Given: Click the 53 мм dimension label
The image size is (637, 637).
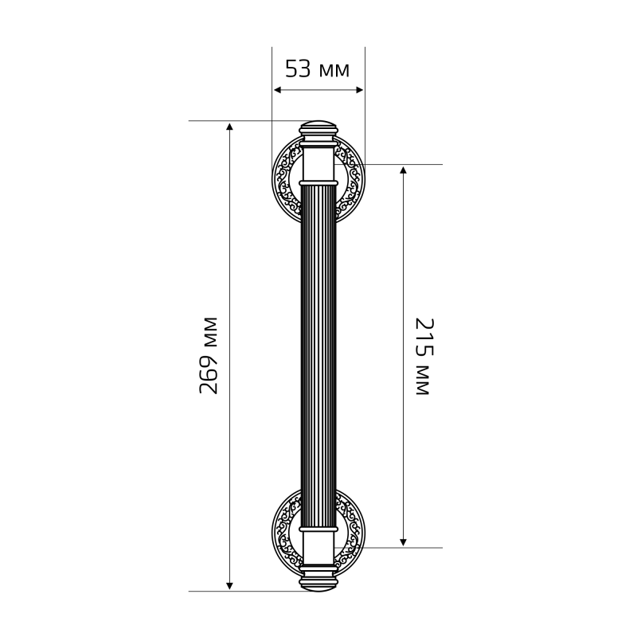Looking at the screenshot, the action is pyautogui.click(x=317, y=68).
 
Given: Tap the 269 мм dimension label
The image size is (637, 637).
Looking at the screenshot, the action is pyautogui.click(x=209, y=355).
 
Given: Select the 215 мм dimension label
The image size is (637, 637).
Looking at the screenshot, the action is pyautogui.click(x=424, y=357).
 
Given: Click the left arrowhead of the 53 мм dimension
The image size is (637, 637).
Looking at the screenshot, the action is pyautogui.click(x=277, y=90).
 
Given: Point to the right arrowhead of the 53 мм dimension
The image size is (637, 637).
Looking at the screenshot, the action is pyautogui.click(x=359, y=90).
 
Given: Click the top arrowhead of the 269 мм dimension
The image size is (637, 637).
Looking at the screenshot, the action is pyautogui.click(x=229, y=126).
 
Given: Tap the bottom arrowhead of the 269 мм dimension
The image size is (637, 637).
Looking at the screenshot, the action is pyautogui.click(x=229, y=585).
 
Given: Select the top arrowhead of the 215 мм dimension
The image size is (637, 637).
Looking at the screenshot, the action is pyautogui.click(x=403, y=170).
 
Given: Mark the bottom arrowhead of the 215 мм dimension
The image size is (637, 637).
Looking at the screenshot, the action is pyautogui.click(x=403, y=541).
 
